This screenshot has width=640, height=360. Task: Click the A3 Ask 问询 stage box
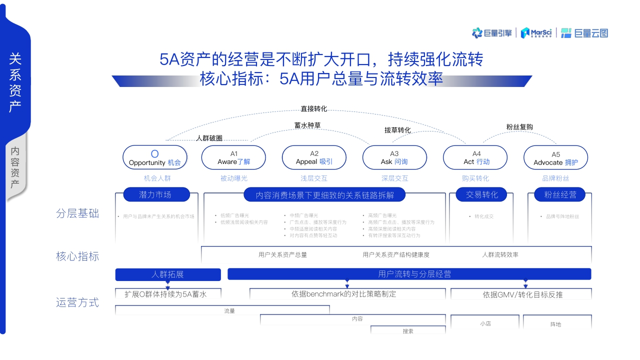[394, 157]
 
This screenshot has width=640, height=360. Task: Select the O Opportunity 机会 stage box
[155, 157]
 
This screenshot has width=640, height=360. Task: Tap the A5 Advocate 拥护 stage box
[555, 158]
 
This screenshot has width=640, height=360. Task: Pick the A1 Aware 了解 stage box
[233, 157]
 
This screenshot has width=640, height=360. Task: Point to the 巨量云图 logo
[584, 33]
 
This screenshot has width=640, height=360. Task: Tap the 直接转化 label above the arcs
[313, 108]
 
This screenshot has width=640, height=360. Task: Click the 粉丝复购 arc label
[519, 127]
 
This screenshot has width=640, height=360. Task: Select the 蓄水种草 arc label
[307, 125]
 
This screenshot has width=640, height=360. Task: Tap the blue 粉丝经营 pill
[560, 194]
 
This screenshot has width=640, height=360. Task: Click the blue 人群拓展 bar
[168, 274]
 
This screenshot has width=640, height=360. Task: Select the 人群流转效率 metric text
[500, 254]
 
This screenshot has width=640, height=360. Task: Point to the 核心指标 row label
[77, 256]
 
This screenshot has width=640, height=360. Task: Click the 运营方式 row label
[77, 302]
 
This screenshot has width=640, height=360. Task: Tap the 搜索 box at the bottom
[408, 330]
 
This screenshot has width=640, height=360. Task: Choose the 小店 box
[485, 323]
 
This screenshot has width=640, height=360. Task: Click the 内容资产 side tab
[15, 167]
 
